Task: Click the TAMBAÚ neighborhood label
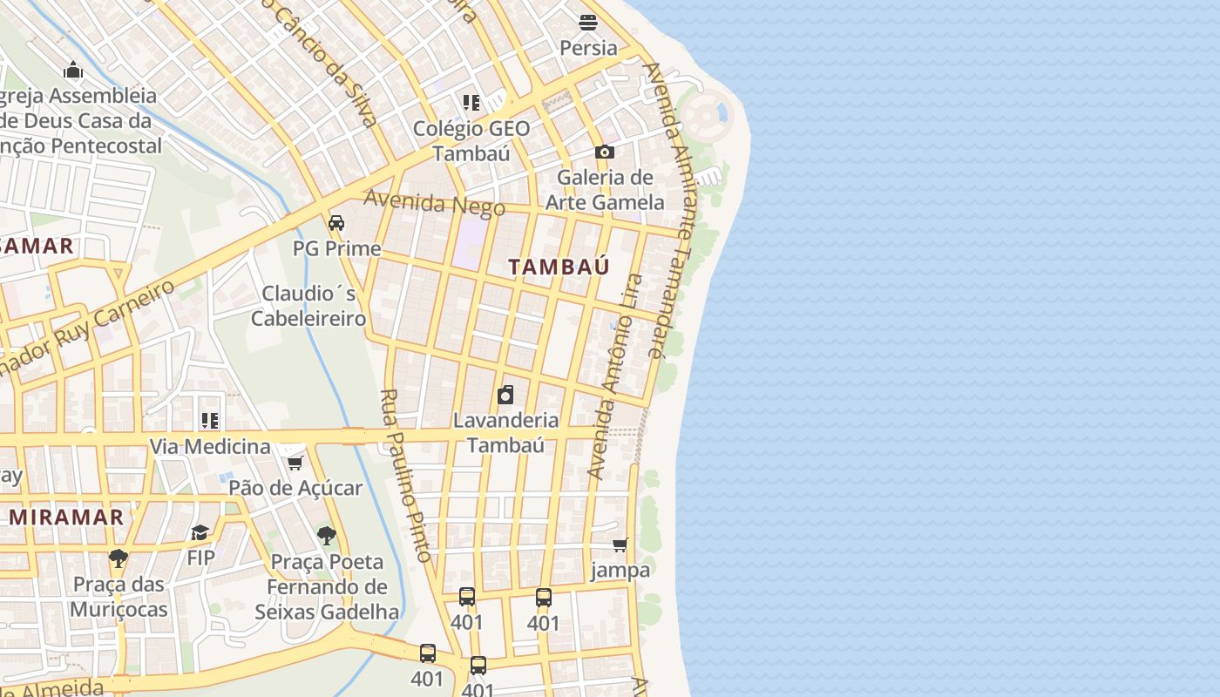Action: [x=559, y=267]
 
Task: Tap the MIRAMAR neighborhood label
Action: [x=67, y=518]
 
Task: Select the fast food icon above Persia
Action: [x=588, y=23]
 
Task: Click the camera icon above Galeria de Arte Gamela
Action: [x=604, y=152]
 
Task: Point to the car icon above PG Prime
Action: [x=336, y=223]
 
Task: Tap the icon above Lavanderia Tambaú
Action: [x=505, y=396]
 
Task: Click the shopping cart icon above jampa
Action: [x=620, y=545]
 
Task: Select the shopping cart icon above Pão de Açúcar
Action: [x=295, y=463]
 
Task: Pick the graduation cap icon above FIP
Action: [x=200, y=532]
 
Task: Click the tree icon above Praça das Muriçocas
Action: [x=119, y=558]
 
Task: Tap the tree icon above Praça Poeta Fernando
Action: [x=327, y=536]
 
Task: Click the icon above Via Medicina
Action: [x=210, y=422]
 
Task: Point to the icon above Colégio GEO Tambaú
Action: [x=471, y=103]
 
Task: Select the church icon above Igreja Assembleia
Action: [x=74, y=70]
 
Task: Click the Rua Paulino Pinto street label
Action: [x=406, y=475]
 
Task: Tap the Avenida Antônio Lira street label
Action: [x=614, y=376]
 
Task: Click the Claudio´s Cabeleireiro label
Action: [x=308, y=306]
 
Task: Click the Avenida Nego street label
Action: [x=434, y=203]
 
